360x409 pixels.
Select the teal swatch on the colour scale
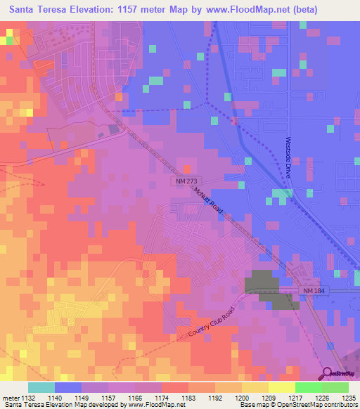(x=41, y=387)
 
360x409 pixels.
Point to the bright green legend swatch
(x=308, y=387)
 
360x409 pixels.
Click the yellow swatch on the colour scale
(x=281, y=387)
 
